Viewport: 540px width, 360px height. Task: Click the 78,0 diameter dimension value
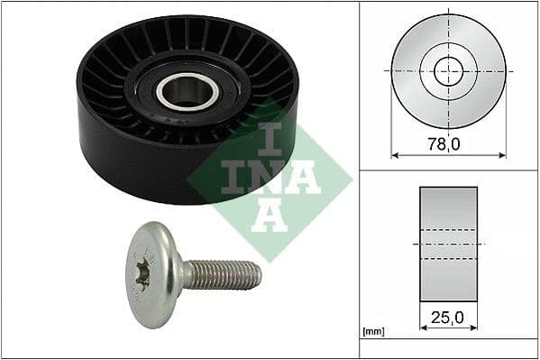448,143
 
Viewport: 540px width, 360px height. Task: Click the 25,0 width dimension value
448,317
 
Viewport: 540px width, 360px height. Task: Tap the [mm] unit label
373,332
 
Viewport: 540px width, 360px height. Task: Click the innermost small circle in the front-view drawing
448,70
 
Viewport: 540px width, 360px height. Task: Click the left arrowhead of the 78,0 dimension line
394,154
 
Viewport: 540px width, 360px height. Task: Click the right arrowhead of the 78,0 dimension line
502,154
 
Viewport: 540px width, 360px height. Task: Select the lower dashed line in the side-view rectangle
448,260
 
